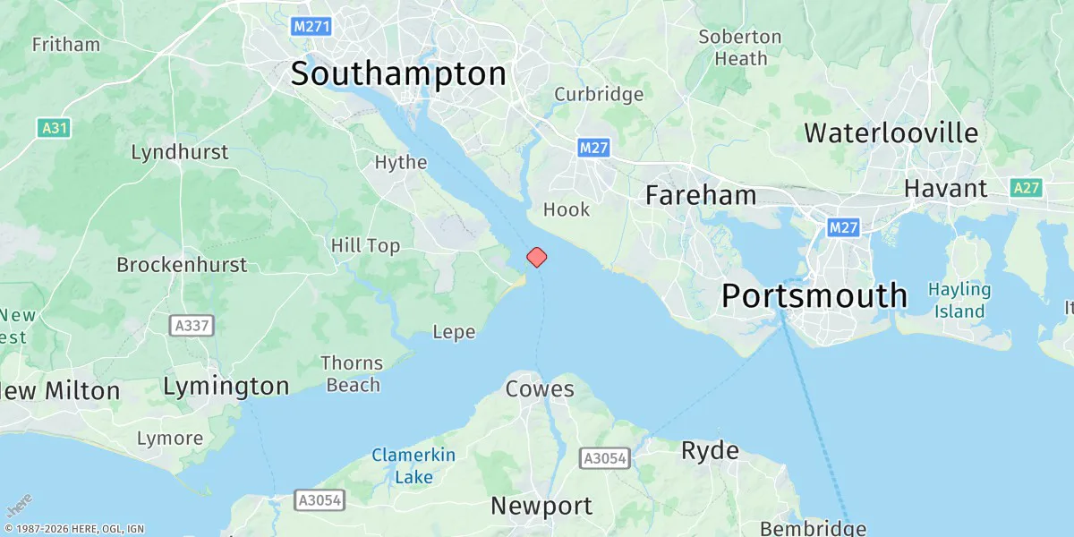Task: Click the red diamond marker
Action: point(536,257)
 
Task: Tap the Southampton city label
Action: point(398,74)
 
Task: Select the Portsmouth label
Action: point(814,295)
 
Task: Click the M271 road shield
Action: point(312,27)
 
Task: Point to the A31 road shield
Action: point(55,128)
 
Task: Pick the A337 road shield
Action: point(192,325)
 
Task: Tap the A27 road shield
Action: point(1027,188)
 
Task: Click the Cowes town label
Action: point(540,389)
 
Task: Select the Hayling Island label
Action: point(959,301)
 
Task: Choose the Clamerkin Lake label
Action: point(413,465)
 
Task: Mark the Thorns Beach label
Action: point(352,374)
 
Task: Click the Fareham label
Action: point(701,195)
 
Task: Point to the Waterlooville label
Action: point(891,133)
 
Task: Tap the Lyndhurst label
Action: point(180,152)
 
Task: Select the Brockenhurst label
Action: point(182,265)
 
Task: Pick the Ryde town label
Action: point(710,450)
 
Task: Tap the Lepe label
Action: point(454,332)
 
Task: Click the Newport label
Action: point(541,506)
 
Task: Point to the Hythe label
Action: point(401,163)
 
